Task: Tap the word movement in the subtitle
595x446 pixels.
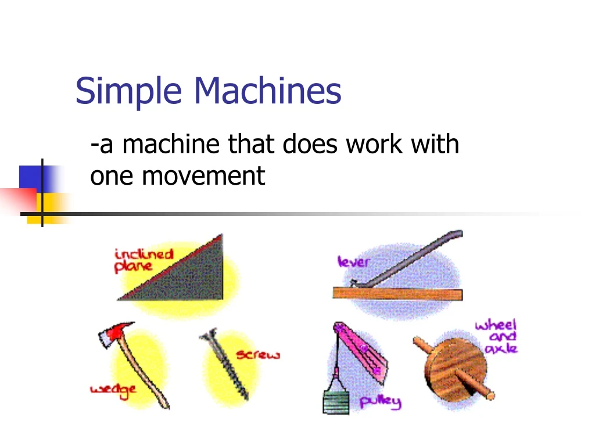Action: [203, 175]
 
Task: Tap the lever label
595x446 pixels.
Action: [353, 262]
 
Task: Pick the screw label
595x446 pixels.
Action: [257, 354]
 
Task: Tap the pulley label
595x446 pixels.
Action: [380, 401]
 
